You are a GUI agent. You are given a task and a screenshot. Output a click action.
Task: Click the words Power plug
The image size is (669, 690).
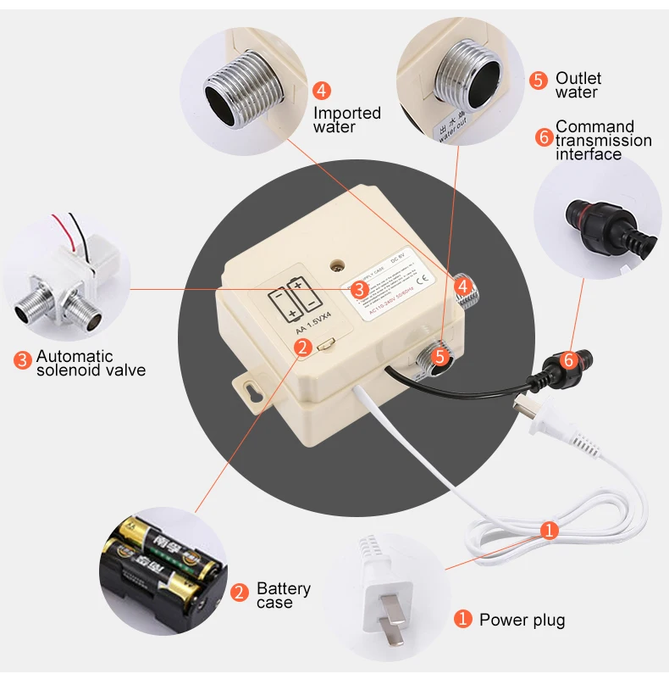point(522,620)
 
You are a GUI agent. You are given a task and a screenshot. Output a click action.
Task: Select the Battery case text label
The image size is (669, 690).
point(283,595)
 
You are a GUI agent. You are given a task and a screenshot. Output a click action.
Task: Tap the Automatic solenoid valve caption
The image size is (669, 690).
point(91,363)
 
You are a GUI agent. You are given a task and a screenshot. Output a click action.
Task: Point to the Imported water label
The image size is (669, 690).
point(347,120)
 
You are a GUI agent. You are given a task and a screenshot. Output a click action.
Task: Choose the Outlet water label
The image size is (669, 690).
point(578,85)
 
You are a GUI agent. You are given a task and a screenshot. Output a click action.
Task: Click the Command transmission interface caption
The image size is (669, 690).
point(603,140)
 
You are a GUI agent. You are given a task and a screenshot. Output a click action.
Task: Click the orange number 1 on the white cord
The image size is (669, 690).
point(549,531)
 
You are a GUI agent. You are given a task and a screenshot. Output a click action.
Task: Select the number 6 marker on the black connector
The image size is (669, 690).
point(569,359)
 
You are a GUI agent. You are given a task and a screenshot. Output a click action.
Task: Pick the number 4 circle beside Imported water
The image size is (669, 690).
point(322,91)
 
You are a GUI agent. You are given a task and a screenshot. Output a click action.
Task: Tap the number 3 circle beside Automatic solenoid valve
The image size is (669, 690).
point(23,359)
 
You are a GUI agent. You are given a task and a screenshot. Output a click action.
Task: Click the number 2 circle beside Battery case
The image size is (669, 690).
point(240,592)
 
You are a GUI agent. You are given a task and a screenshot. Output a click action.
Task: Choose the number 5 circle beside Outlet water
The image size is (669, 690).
point(539,81)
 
